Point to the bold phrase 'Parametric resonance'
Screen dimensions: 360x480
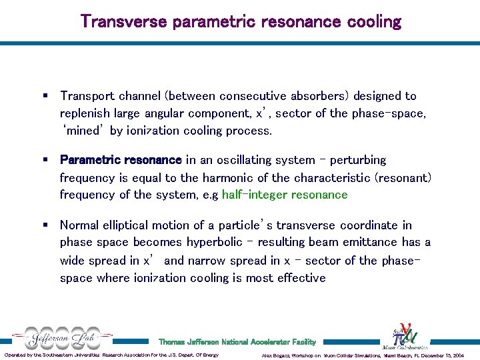(121, 160)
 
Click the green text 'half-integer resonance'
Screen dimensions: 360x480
(285, 195)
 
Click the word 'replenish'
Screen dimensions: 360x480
(84, 113)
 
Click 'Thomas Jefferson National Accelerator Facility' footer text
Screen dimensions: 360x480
(237, 342)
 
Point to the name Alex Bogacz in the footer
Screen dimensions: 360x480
(281, 355)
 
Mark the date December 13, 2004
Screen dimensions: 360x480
(443, 355)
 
